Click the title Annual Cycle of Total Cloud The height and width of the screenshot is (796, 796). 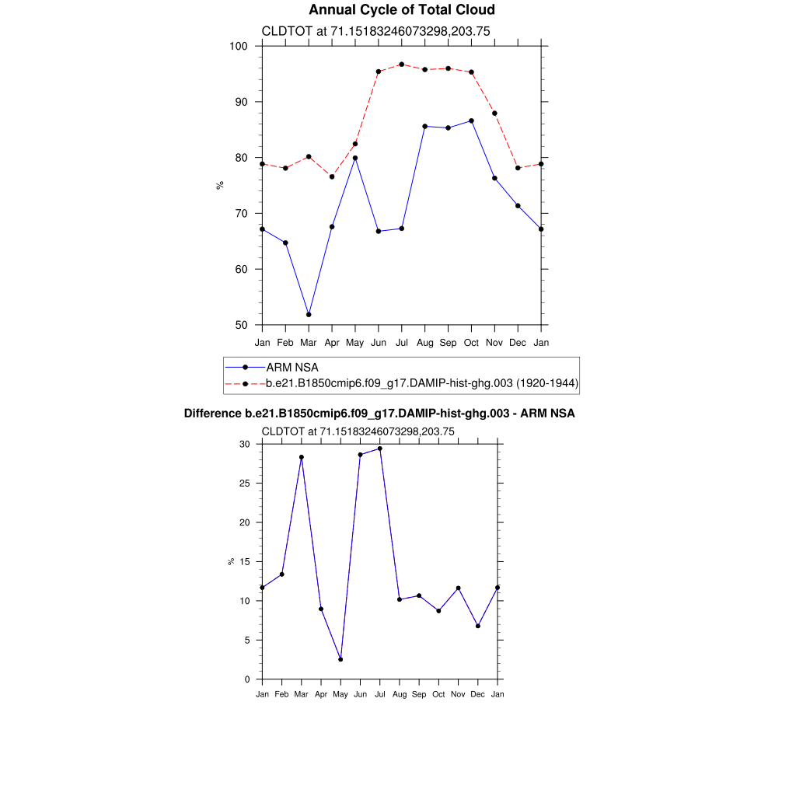click(x=401, y=10)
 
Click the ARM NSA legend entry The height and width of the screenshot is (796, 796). click(x=292, y=367)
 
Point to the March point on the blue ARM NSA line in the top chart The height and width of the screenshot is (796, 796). click(x=309, y=314)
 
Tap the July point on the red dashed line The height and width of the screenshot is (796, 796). click(x=402, y=65)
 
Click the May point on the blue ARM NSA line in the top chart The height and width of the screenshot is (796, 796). click(x=355, y=158)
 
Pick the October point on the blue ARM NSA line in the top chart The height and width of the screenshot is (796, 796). click(x=472, y=120)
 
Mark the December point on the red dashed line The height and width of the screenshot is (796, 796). click(x=518, y=168)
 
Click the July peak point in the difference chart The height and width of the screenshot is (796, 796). click(x=379, y=449)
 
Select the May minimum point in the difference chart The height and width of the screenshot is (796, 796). click(x=340, y=659)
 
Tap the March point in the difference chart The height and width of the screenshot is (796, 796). click(x=302, y=457)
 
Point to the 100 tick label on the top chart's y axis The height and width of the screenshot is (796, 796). click(x=239, y=46)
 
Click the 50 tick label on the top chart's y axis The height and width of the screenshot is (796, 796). click(x=242, y=325)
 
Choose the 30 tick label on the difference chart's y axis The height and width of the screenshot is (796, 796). click(x=244, y=444)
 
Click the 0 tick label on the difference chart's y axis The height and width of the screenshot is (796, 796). click(x=247, y=679)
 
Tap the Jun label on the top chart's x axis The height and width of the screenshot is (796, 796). click(x=379, y=342)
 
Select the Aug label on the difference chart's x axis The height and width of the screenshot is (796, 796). click(x=399, y=693)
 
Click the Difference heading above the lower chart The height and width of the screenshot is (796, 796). click(x=379, y=414)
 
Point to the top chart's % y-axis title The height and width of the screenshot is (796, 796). click(x=220, y=185)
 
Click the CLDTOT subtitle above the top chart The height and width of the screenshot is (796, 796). click(x=375, y=32)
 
